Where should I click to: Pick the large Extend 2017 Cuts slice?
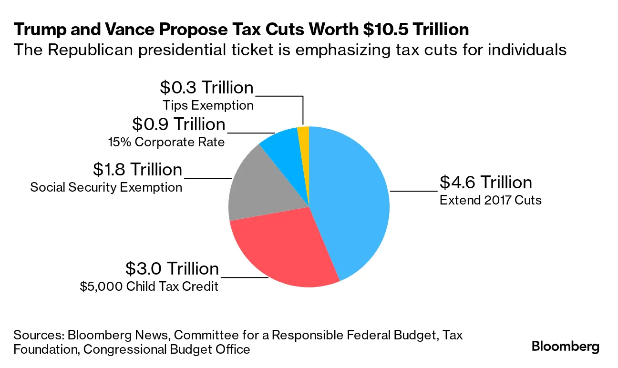(353, 200)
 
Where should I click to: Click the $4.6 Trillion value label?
(485, 182)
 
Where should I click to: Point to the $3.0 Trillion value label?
(172, 268)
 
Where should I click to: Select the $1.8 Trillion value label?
(137, 169)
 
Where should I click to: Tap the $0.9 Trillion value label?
(178, 124)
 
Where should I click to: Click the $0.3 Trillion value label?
(206, 87)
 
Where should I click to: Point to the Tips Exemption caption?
(208, 105)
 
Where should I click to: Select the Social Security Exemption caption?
(106, 187)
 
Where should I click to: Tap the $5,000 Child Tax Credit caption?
(149, 286)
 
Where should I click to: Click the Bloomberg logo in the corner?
(566, 347)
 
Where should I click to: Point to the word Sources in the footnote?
(39, 335)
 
